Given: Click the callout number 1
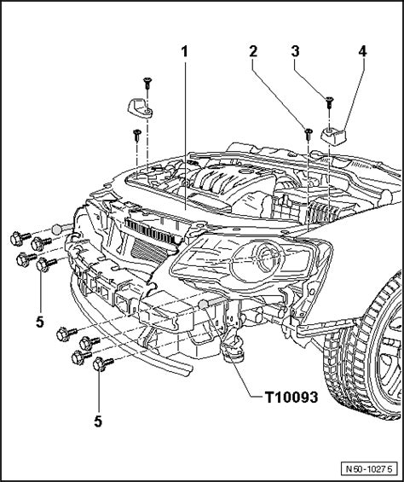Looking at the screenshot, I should tap(183, 52).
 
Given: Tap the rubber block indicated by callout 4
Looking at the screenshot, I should tap(333, 134).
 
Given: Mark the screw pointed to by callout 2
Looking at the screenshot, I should tap(306, 131).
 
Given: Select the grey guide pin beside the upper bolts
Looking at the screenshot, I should tap(57, 228).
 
